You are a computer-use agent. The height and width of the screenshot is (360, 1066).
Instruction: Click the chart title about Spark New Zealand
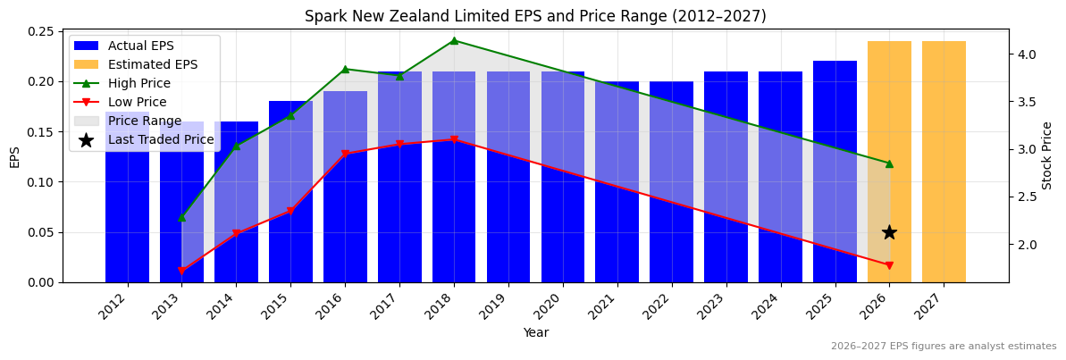535,16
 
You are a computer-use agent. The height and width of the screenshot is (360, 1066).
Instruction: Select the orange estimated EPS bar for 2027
944,161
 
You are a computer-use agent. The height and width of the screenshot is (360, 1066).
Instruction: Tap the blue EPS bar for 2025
835,170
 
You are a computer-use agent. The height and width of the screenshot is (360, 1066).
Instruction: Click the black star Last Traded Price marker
889,232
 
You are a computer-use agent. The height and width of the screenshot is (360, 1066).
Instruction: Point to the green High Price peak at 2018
454,40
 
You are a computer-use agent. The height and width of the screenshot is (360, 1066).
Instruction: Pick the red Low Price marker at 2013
181,271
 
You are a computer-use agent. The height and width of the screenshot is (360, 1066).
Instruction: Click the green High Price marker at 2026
889,163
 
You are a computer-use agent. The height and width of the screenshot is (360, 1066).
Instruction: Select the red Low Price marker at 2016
345,154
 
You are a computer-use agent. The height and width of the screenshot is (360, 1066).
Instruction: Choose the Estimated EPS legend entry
152,64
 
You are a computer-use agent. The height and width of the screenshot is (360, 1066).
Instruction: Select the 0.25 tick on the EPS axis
40,31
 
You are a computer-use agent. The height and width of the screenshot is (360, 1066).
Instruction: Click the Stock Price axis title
1047,155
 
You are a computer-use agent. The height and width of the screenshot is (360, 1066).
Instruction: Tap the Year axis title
536,332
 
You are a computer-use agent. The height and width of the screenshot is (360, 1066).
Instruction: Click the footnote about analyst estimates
944,347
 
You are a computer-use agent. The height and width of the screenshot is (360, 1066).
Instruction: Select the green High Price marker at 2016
345,69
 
